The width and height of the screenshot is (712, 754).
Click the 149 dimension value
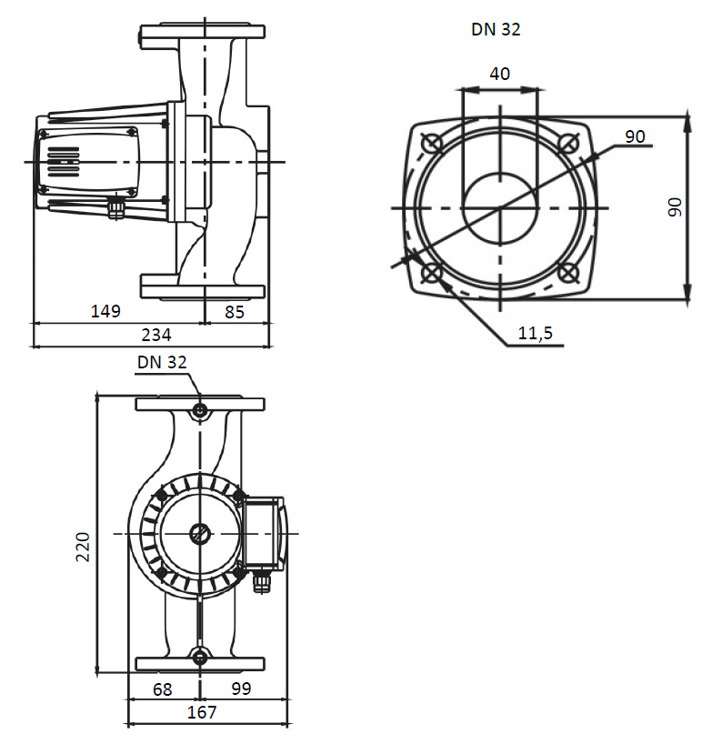105,311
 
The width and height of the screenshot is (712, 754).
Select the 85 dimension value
235,311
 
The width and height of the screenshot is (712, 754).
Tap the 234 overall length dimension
155,336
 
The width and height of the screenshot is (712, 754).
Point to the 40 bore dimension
500,74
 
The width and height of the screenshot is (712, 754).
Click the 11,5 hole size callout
536,334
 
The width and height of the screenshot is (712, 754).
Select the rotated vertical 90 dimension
674,207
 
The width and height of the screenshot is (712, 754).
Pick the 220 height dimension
83,546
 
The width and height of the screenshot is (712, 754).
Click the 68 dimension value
162,689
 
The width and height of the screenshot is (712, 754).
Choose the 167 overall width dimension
201,713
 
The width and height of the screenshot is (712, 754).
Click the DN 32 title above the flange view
496,29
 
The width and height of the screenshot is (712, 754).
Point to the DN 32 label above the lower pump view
162,362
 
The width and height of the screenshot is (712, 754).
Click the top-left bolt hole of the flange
433,143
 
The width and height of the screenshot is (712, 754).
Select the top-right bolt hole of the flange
568,143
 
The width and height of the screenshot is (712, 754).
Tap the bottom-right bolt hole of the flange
568,272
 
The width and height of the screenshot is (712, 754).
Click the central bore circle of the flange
499,208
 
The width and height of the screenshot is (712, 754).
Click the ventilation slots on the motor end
63,163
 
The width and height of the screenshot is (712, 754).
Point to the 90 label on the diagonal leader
635,136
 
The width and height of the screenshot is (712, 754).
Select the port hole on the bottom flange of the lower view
200,657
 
